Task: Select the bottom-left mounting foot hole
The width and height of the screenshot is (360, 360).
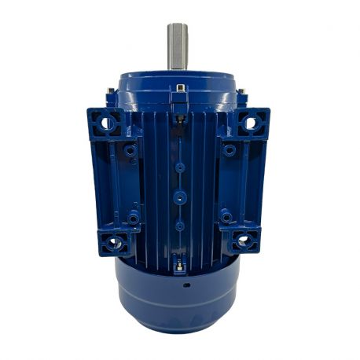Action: pos(113,242)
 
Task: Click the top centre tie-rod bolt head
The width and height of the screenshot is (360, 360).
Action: pos(181,89)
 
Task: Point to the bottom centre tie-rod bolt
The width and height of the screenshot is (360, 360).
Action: pos(181,266)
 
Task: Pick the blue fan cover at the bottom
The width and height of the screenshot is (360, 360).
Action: pos(178,303)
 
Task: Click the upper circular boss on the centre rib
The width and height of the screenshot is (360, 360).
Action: pos(180,167)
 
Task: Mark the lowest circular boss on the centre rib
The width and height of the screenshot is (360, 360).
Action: pos(180,226)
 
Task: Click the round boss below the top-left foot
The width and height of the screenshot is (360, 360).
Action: pos(130,149)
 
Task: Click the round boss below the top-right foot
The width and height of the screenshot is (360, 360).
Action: pos(229,149)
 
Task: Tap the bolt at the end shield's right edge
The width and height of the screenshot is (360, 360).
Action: pos(242,96)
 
